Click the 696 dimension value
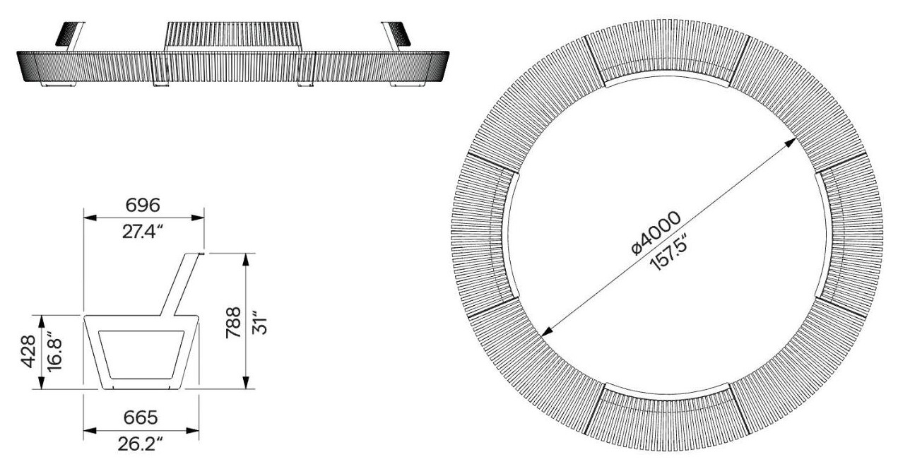click(x=143, y=206)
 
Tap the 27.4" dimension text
click(x=143, y=232)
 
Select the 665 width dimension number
click(x=141, y=417)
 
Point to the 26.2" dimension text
click(x=141, y=444)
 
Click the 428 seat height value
click(x=29, y=352)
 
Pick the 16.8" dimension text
click(x=54, y=352)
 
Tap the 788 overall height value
click(x=233, y=323)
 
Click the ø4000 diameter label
click(x=656, y=233)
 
